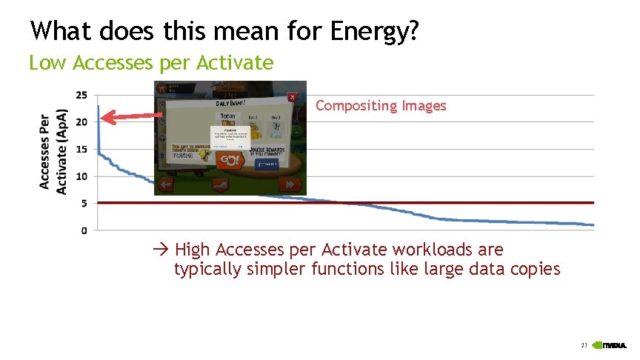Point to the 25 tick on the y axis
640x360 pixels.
pos(81,95)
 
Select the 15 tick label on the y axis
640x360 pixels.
pos(81,149)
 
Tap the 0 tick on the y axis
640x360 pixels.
pos(84,230)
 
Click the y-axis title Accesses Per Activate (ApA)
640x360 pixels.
pos(53,153)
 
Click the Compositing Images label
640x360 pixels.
pos(381,106)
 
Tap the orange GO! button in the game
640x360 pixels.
pos(230,160)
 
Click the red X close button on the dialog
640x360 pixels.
pos(292,97)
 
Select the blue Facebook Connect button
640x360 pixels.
pos(270,164)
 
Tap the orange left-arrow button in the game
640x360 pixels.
pos(167,184)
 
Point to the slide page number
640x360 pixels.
pos(584,345)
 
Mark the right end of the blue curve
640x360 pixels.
pos(592,224)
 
